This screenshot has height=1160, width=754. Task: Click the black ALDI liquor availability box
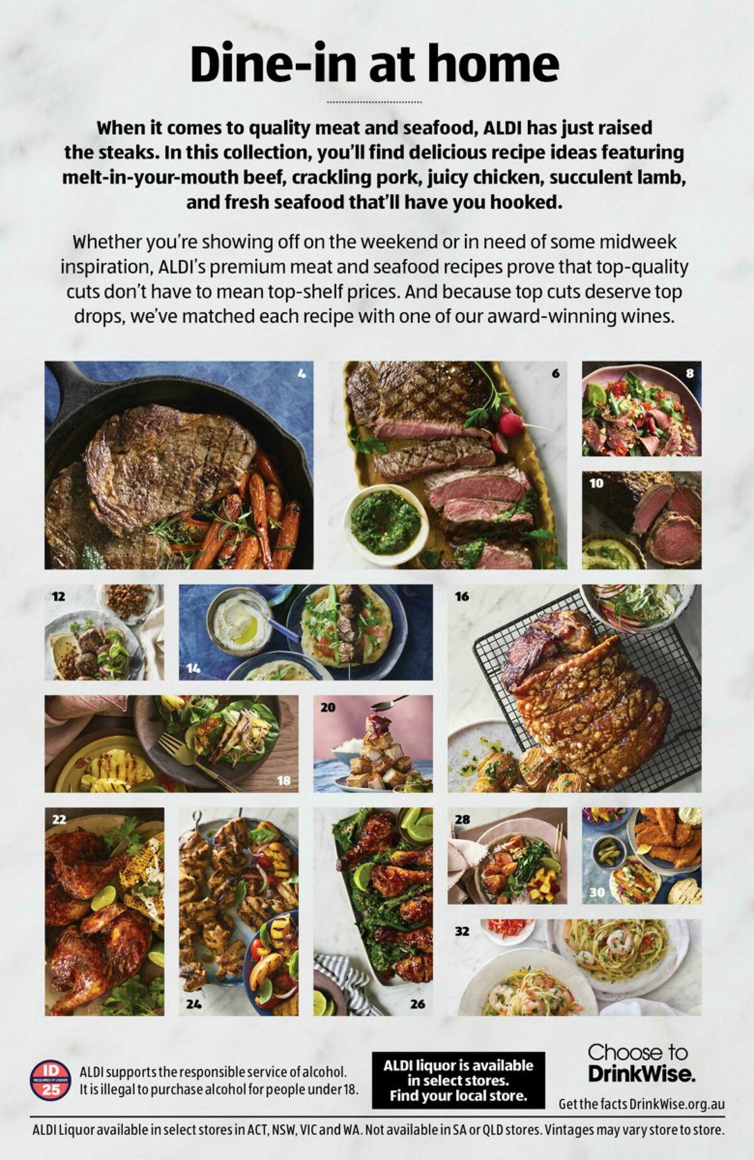458,1080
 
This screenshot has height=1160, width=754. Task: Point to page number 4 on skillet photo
302,374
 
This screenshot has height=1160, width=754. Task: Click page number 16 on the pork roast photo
462,596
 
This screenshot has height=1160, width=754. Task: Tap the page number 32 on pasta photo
462,931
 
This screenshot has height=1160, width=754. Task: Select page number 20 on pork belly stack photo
328,708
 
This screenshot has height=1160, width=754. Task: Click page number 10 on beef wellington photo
596,483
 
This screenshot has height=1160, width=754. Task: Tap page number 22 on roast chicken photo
59,819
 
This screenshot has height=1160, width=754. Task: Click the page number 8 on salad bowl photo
689,374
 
